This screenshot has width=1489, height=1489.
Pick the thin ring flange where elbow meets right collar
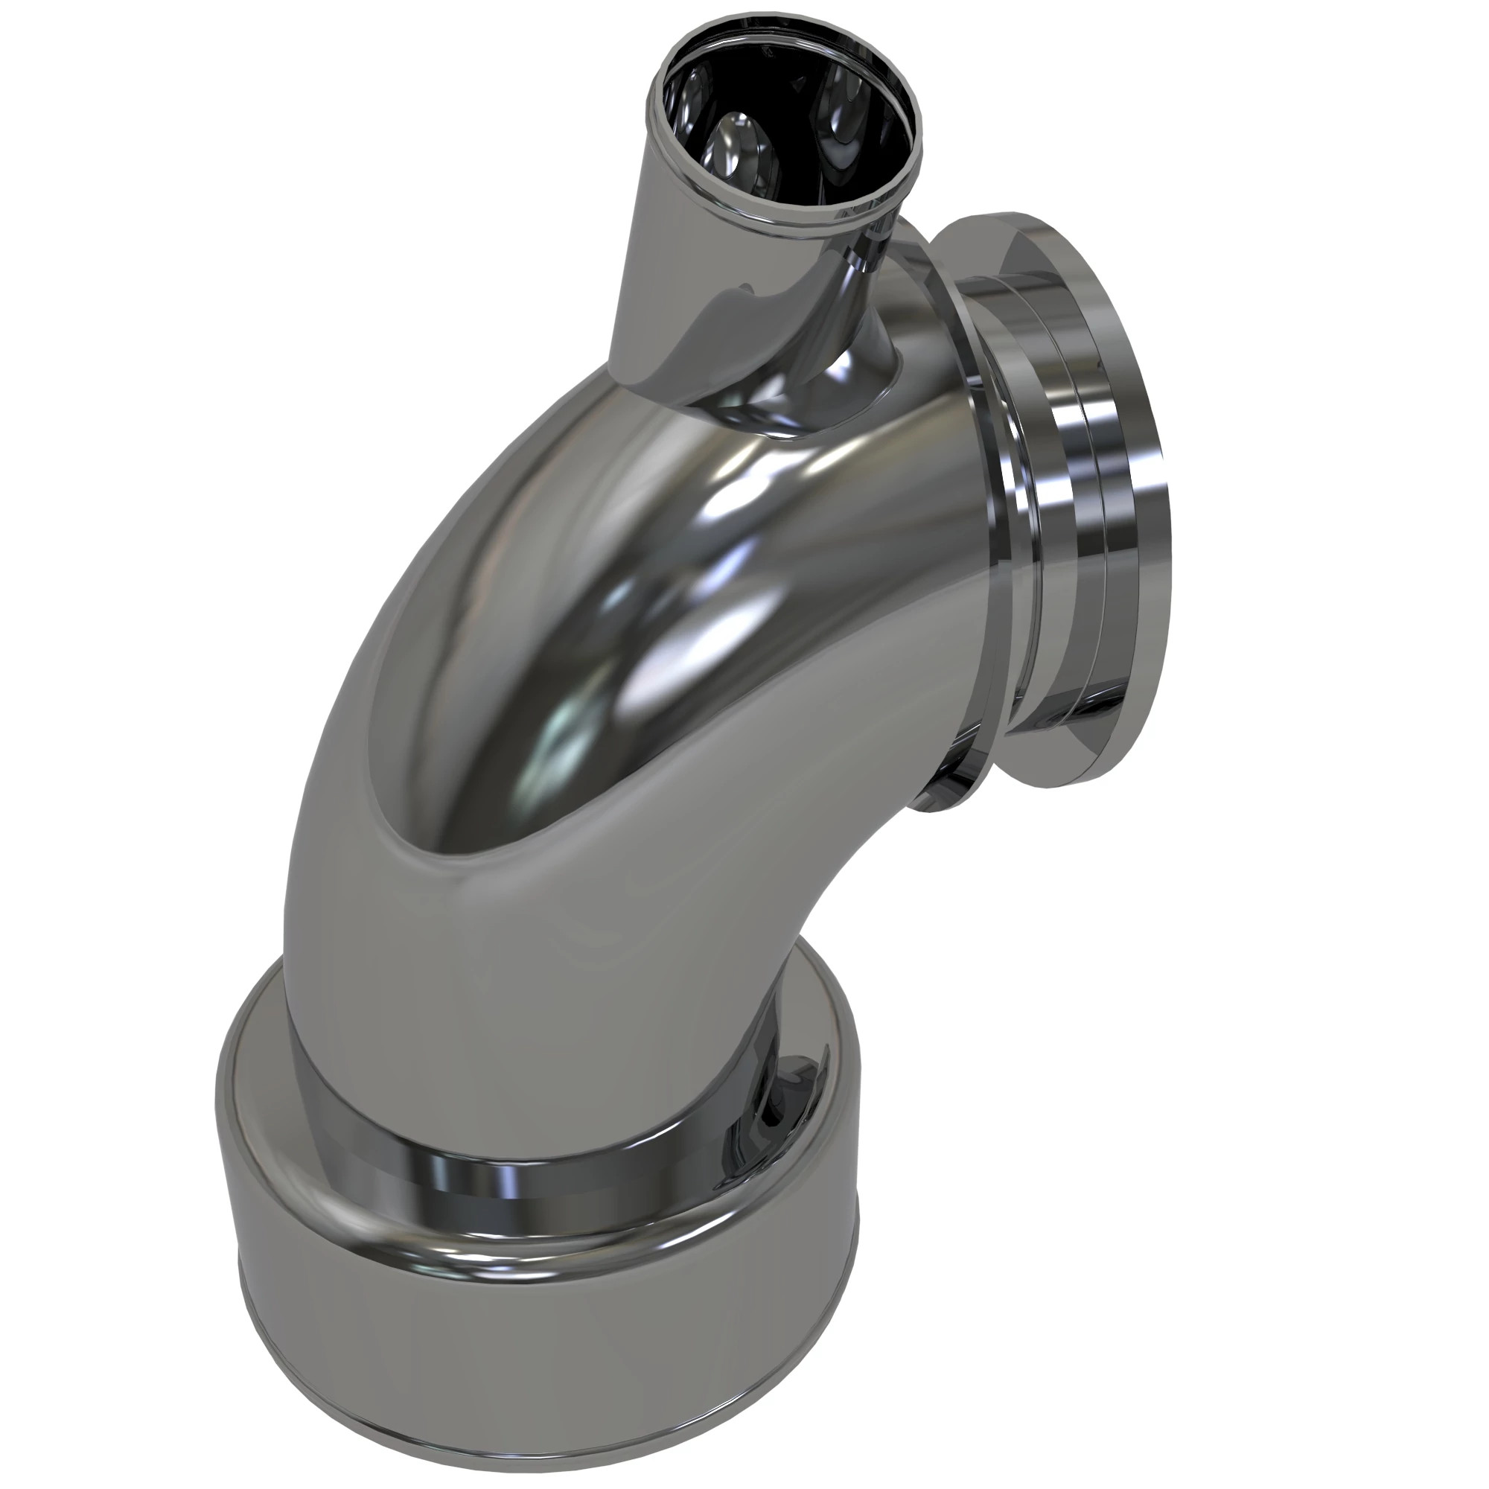[x=994, y=494]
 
